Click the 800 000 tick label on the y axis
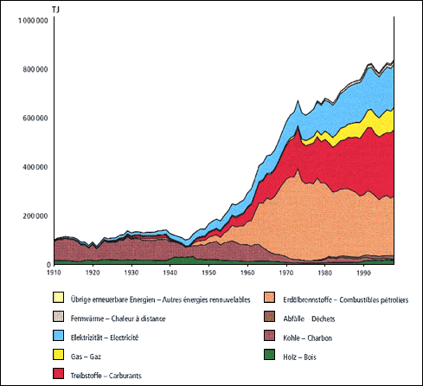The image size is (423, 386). [x=34, y=69]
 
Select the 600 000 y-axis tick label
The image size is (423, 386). [x=34, y=118]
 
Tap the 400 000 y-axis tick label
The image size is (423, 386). [x=34, y=167]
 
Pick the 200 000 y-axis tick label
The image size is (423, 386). [x=34, y=216]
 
